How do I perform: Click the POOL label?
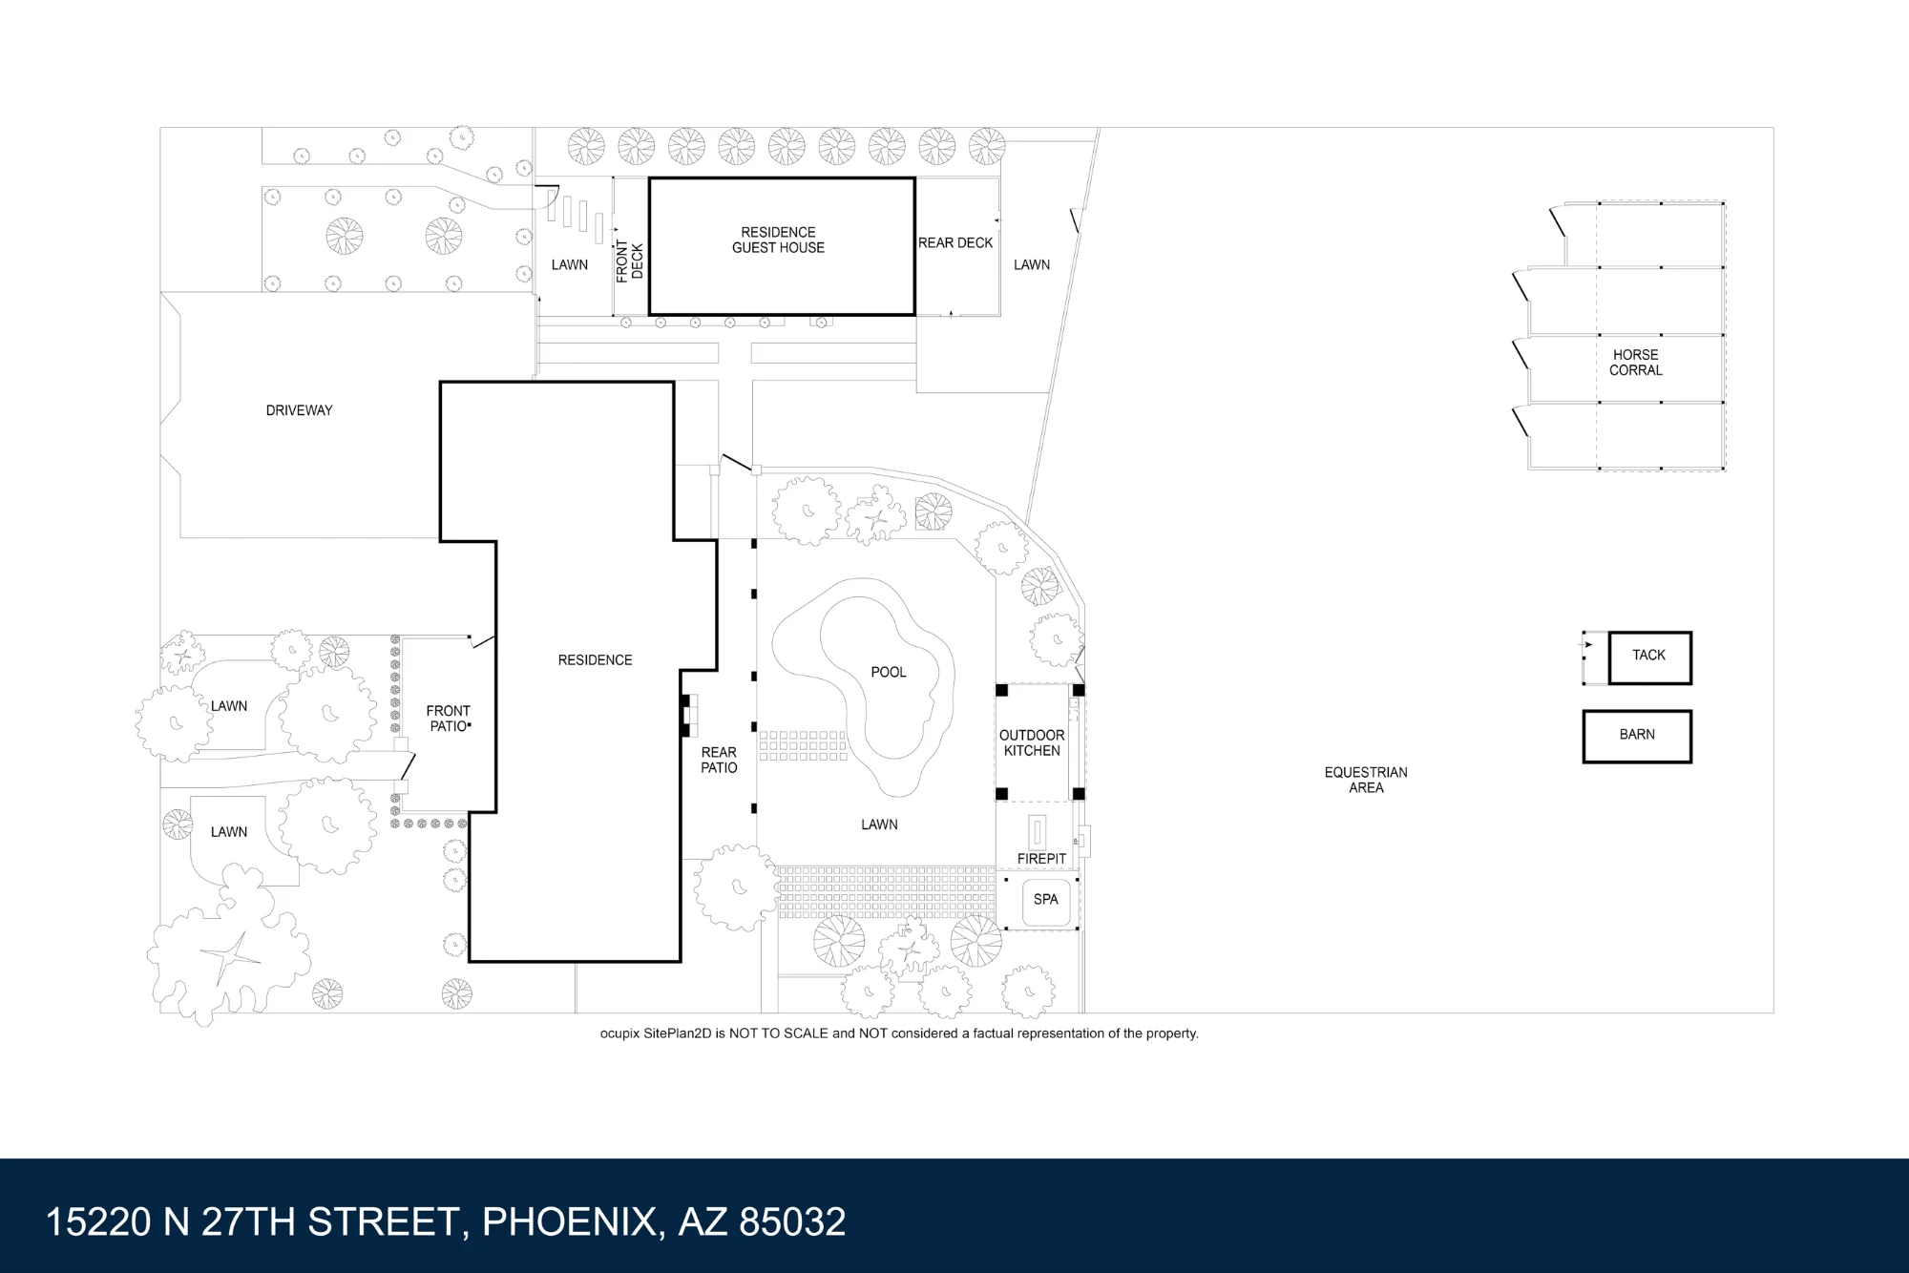[889, 672]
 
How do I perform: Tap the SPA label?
[1046, 899]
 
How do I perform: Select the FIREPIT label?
[1041, 859]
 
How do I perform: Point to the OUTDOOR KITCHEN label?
[1032, 742]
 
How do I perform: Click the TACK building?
[1649, 657]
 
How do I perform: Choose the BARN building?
[1637, 736]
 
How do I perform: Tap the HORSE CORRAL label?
[1636, 362]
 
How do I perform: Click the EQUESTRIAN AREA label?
[1366, 780]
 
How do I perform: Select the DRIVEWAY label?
[299, 410]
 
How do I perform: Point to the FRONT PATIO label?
[448, 719]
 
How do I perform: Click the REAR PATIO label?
[719, 760]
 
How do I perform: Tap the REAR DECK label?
[955, 243]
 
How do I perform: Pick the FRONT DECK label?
[629, 261]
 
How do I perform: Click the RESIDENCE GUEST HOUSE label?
[778, 240]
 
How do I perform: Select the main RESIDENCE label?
[595, 659]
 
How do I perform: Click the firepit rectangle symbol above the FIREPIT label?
[1038, 833]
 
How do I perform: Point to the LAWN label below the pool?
[879, 824]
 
